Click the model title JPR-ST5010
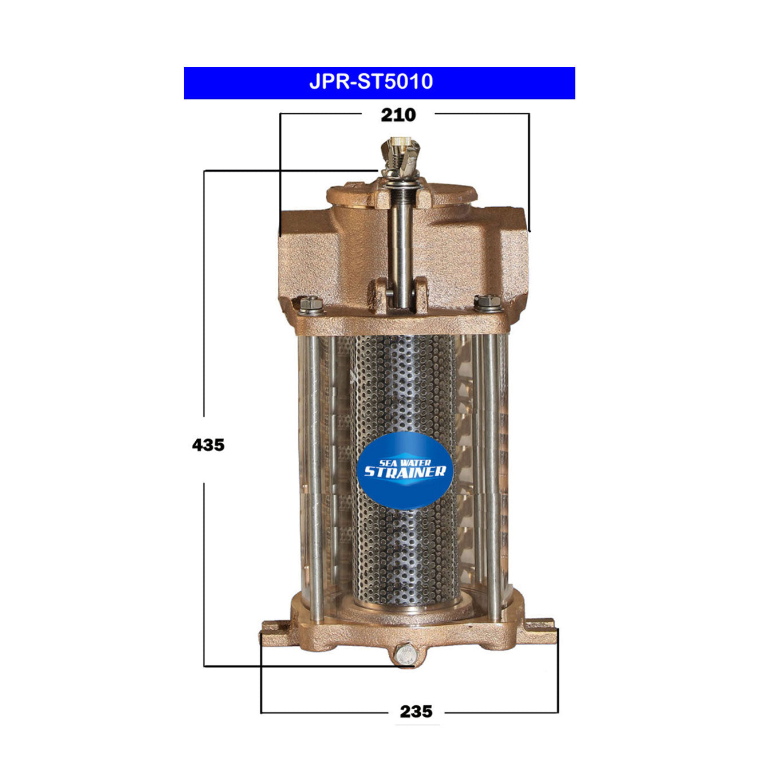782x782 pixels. (x=371, y=82)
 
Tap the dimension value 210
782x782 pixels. (x=398, y=115)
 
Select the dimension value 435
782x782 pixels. (x=208, y=445)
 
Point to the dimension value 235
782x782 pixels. (x=416, y=712)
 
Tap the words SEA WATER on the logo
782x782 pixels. (x=405, y=462)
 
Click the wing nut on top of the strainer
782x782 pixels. (x=400, y=155)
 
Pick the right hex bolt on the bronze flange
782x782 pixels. (x=488, y=302)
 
